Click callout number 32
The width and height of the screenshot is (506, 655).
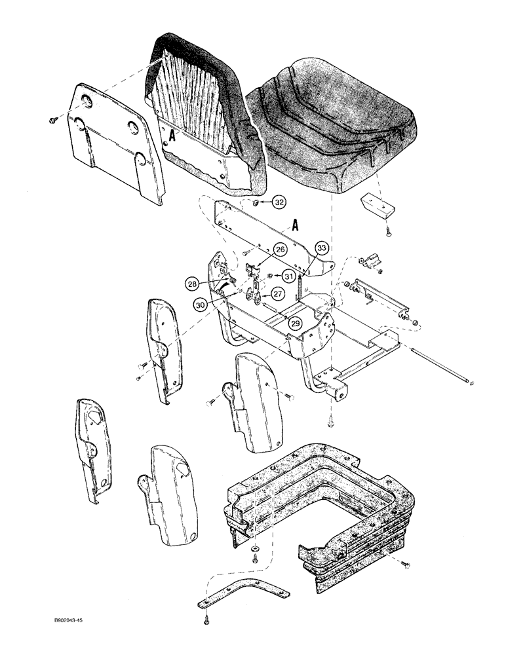tap(280, 203)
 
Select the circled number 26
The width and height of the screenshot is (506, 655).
tap(280, 250)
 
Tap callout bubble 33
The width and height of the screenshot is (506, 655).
tap(321, 248)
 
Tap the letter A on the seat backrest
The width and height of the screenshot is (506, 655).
tap(172, 136)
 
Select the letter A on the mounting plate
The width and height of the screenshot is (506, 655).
tap(296, 226)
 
